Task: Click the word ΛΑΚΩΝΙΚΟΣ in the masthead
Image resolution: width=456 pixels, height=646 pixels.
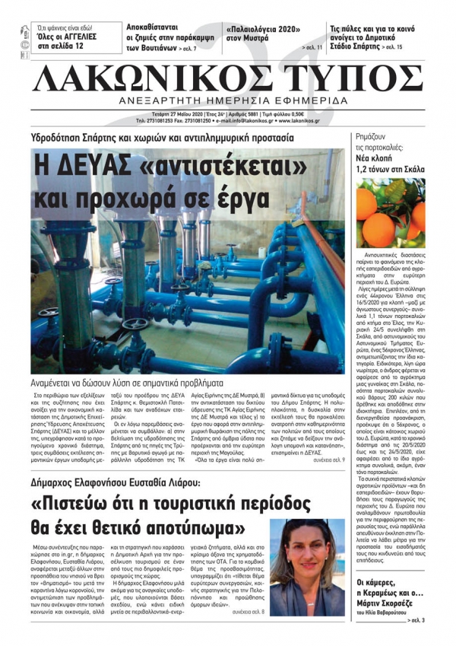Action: tap(147, 78)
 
